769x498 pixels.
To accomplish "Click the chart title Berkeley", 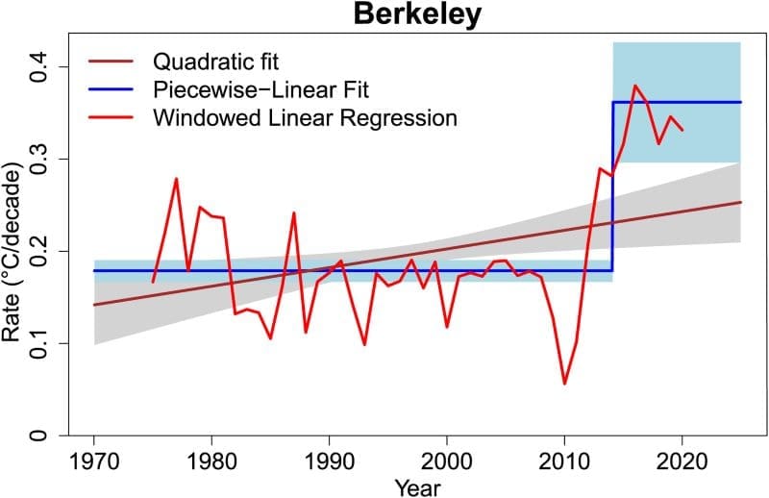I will point(417,15).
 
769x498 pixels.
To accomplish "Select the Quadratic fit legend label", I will point(215,63).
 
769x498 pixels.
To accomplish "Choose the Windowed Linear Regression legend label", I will point(305,119).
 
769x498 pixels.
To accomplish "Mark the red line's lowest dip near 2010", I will point(564,384).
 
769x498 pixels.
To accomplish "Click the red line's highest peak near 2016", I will point(635,86).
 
